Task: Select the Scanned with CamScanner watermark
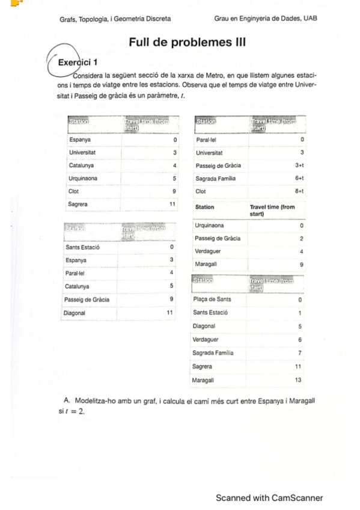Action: pyautogui.click(x=269, y=497)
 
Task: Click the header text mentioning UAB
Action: pyautogui.click(x=265, y=19)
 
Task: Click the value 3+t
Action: pyautogui.click(x=299, y=165)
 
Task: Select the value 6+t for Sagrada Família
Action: pyautogui.click(x=299, y=179)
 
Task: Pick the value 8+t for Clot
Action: pyautogui.click(x=299, y=191)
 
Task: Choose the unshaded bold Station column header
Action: pyautogui.click(x=205, y=207)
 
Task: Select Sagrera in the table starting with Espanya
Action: pyautogui.click(x=81, y=204)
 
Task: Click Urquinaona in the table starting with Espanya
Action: pyautogui.click(x=84, y=178)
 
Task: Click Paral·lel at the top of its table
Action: pyautogui.click(x=207, y=139)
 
